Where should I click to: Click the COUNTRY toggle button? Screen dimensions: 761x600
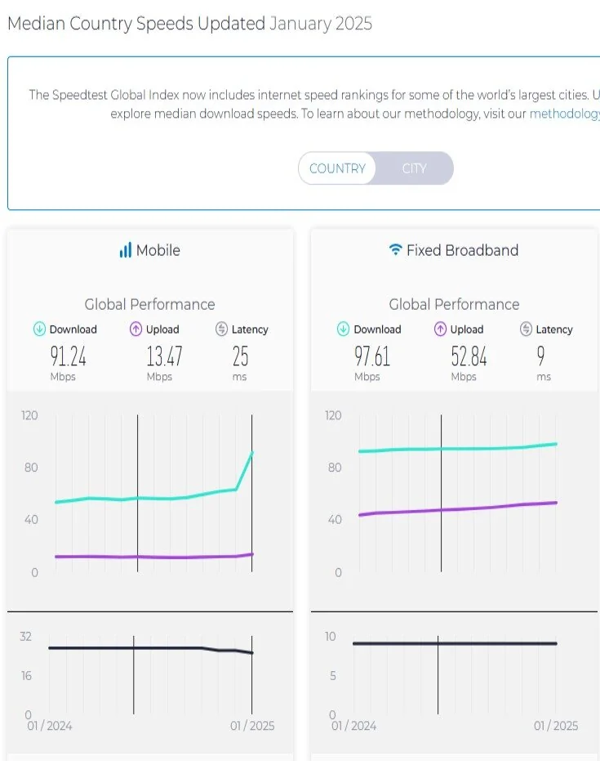(x=337, y=168)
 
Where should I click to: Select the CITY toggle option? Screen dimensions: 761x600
(x=414, y=168)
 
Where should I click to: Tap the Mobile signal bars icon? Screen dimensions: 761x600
(x=125, y=250)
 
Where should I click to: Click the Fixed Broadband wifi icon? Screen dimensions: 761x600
(x=396, y=250)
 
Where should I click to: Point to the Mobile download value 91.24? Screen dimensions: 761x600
(x=67, y=356)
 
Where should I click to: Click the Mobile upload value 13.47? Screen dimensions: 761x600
(x=164, y=356)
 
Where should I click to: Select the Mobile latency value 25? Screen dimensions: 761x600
(x=239, y=356)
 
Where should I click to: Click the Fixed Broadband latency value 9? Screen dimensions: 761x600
(x=540, y=356)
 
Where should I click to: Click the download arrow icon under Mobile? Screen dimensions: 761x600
(x=39, y=329)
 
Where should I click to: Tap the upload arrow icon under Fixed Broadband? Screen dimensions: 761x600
(x=440, y=329)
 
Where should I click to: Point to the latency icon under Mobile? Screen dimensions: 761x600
(x=221, y=329)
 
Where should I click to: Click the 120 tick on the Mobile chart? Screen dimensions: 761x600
(x=29, y=415)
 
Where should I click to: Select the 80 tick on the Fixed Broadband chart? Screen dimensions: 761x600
(x=333, y=468)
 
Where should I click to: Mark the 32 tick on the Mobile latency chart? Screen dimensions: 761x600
(x=25, y=637)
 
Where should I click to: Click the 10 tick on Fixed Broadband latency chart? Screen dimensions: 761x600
(x=330, y=637)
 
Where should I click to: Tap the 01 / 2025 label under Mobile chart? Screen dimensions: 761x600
(x=252, y=726)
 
